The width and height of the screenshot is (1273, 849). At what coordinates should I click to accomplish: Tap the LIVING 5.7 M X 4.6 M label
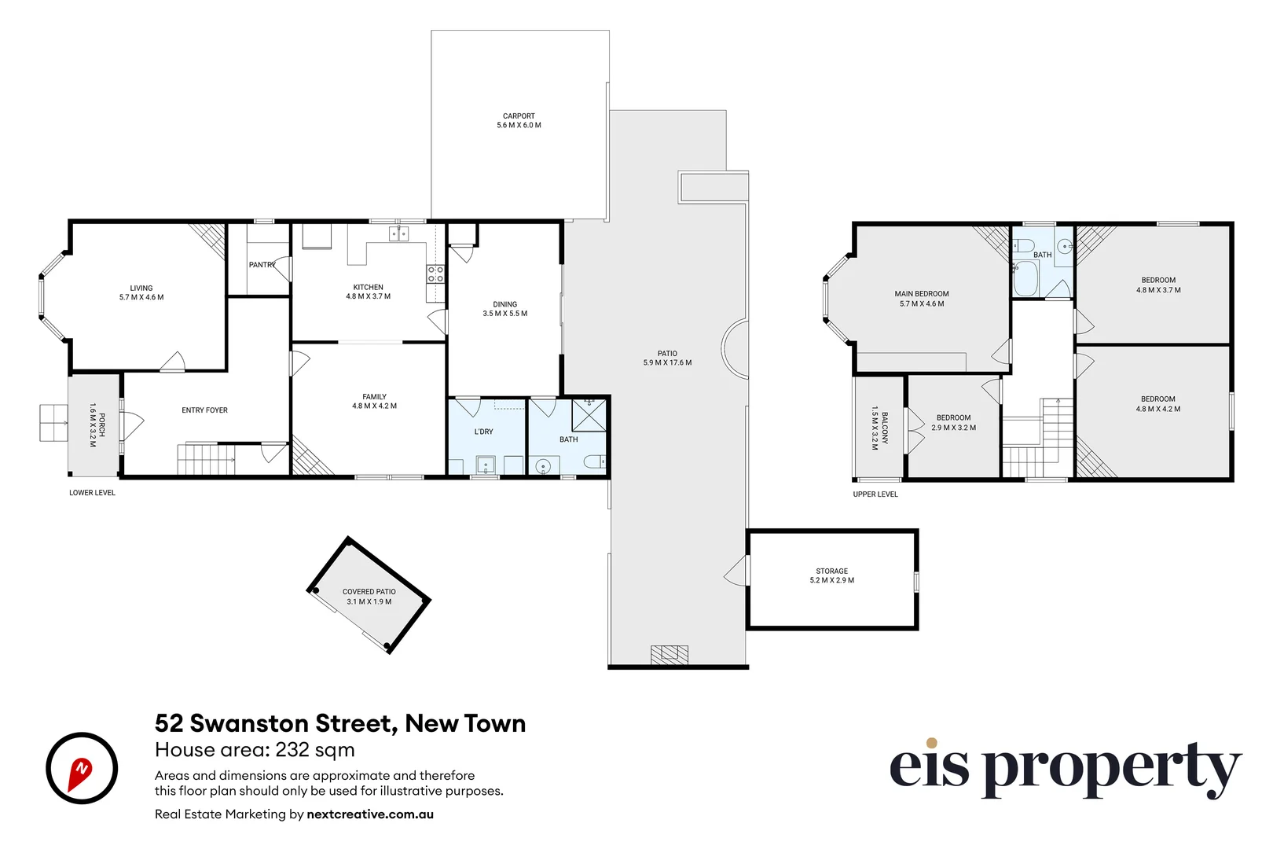tap(141, 292)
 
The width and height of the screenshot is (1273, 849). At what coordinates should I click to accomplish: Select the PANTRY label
tap(262, 265)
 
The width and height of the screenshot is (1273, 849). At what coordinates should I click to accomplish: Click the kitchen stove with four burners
tap(435, 274)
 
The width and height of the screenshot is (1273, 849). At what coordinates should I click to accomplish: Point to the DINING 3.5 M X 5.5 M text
tap(504, 308)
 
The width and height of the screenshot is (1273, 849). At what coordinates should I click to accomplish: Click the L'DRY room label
tap(483, 432)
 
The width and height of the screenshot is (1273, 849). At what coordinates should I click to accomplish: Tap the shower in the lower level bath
tap(589, 414)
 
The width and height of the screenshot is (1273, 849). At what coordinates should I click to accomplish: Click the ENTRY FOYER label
tap(204, 410)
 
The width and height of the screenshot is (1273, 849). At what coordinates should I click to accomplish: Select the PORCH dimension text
tap(93, 425)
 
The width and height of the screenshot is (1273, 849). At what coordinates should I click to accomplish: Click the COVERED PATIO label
tap(369, 597)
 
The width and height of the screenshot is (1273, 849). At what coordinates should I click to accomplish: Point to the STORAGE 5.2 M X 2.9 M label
tap(831, 575)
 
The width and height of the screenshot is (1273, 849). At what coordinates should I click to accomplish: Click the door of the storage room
tap(737, 571)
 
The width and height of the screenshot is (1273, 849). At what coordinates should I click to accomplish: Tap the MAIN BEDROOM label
tap(921, 298)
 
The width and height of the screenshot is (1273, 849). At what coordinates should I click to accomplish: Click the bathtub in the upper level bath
tap(1025, 279)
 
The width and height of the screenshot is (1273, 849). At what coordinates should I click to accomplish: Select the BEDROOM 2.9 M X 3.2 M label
tap(953, 423)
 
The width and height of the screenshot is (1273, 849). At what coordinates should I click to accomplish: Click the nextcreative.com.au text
tap(370, 814)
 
